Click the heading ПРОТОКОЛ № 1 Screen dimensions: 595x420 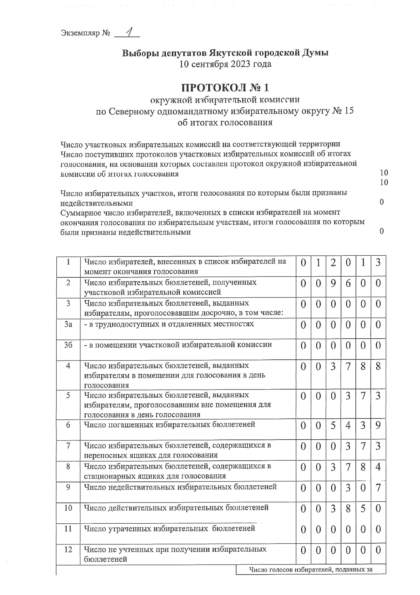coord(225,88)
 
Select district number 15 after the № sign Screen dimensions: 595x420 coord(349,111)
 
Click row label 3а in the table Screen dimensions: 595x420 coord(68,324)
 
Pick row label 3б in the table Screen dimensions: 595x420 coord(68,345)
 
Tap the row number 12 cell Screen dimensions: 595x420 coord(68,550)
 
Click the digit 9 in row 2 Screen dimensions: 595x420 coord(333,283)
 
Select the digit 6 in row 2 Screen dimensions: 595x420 coord(348,283)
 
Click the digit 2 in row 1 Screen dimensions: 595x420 coord(333,262)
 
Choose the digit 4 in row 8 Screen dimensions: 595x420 coord(378,467)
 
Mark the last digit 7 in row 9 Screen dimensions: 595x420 coord(378,488)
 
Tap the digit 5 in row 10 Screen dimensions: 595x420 coord(363,509)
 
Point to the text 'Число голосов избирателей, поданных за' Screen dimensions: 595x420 coord(311,569)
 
